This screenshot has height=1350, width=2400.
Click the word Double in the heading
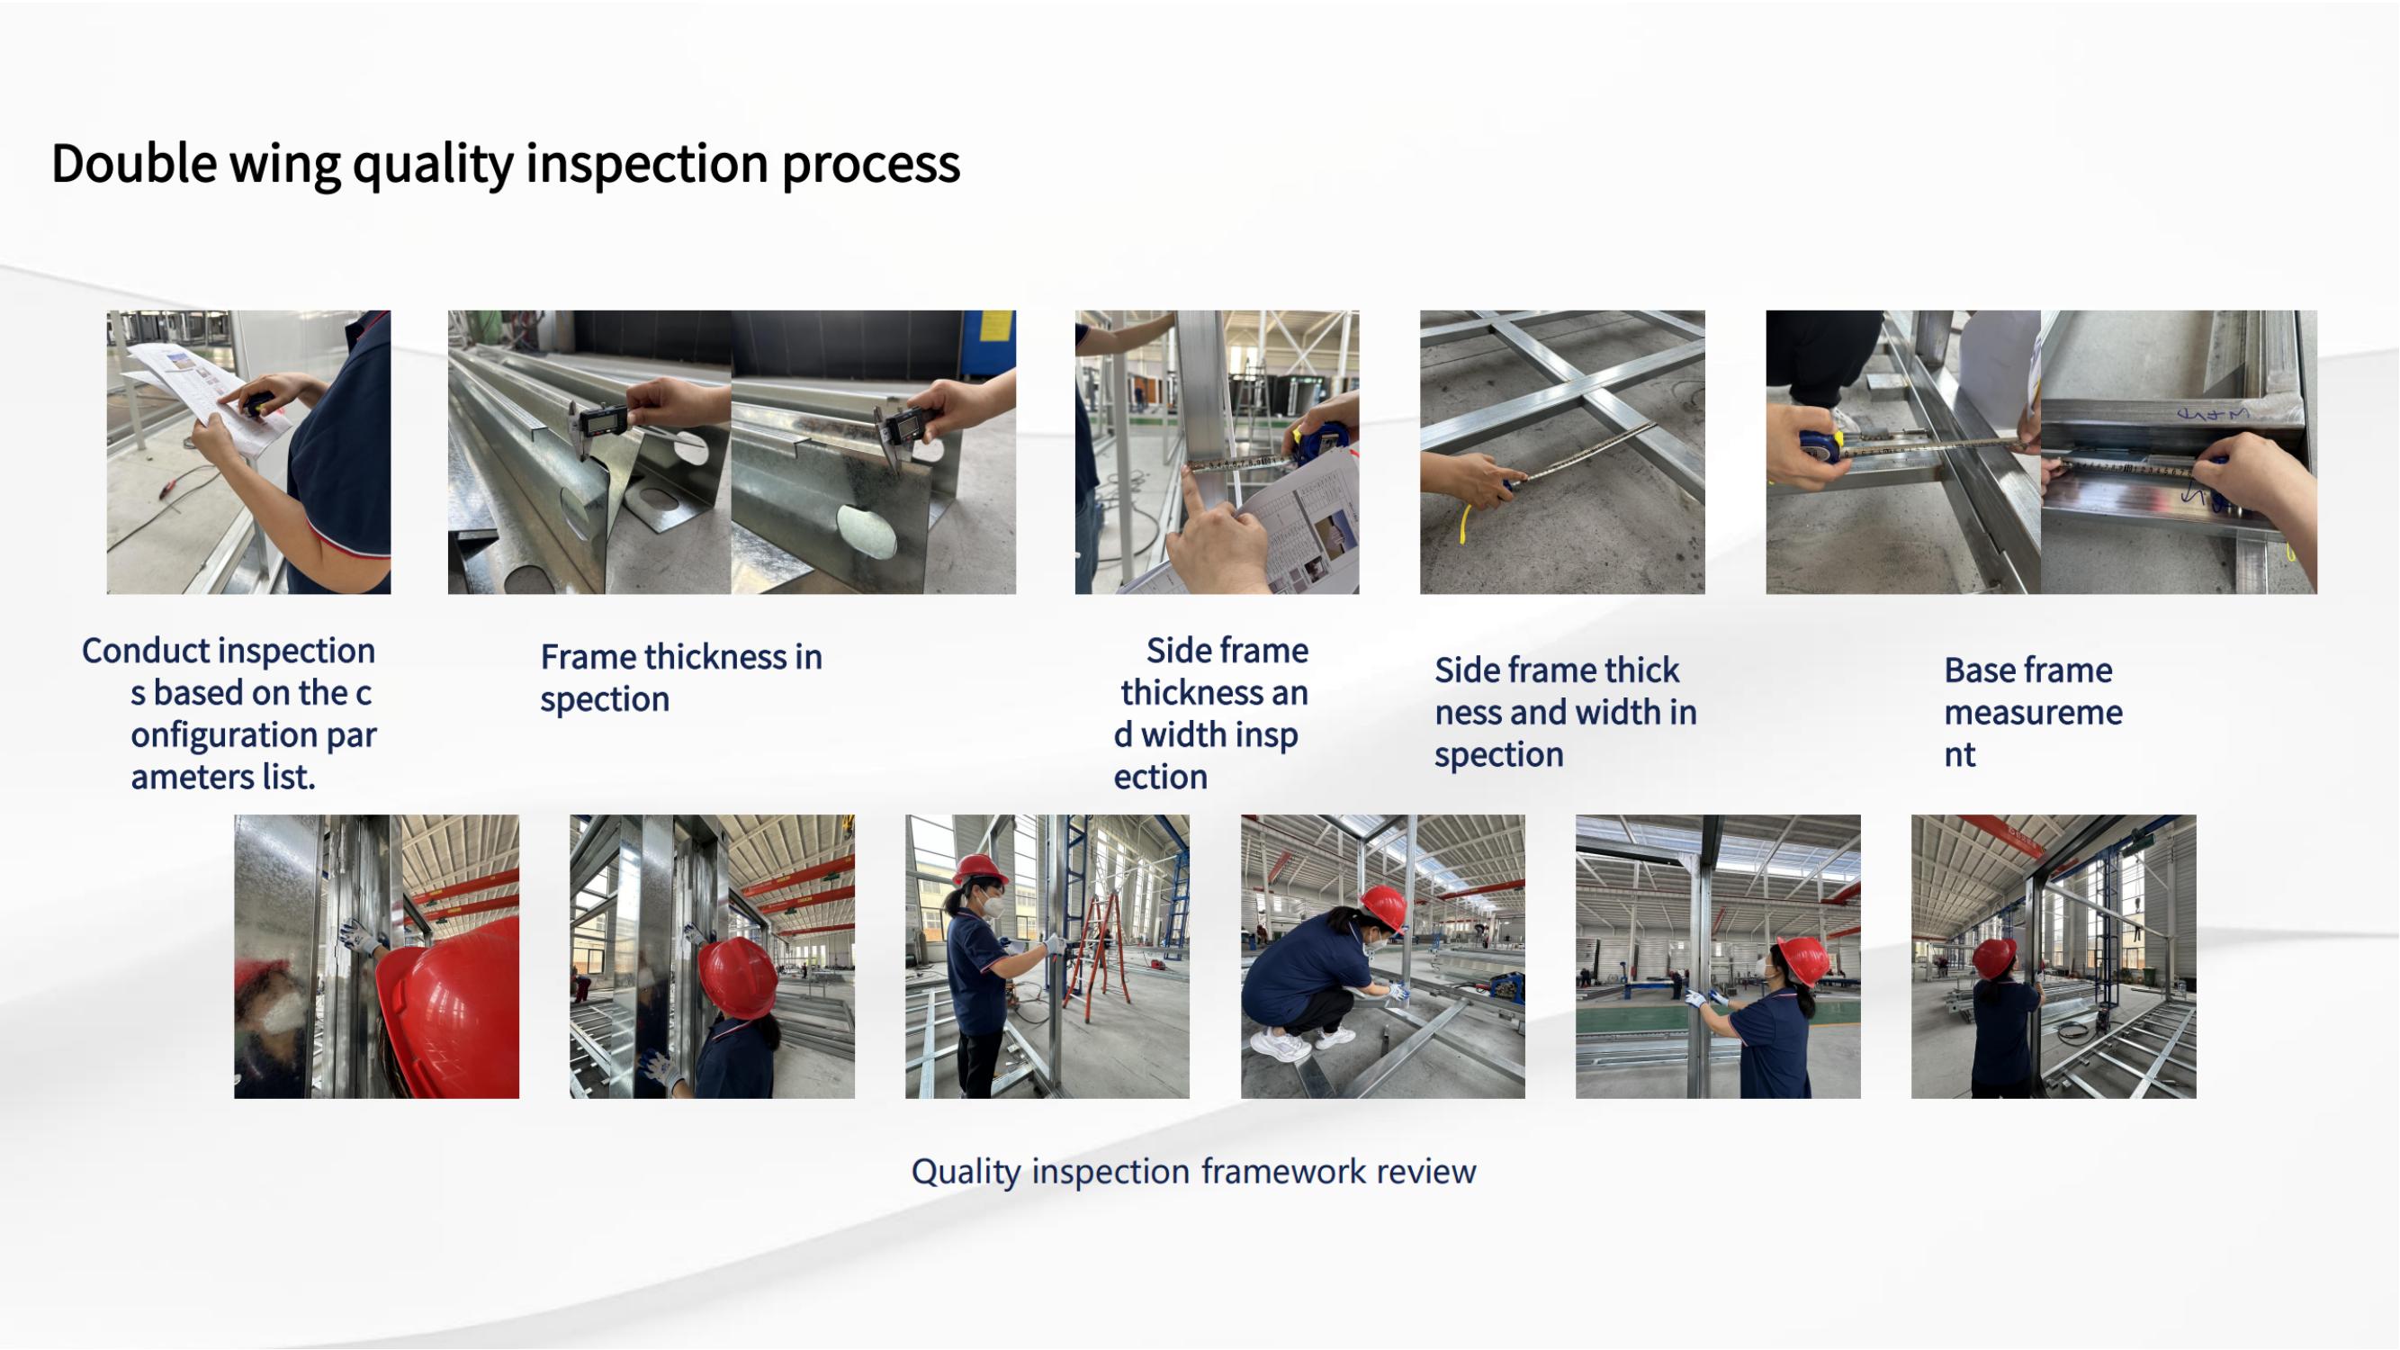click(x=134, y=163)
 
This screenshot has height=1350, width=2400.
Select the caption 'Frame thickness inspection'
click(x=681, y=678)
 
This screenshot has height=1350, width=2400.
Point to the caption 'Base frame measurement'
click(x=2033, y=712)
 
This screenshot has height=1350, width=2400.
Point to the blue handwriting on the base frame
click(x=2207, y=413)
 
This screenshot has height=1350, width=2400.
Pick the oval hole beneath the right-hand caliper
click(x=867, y=531)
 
